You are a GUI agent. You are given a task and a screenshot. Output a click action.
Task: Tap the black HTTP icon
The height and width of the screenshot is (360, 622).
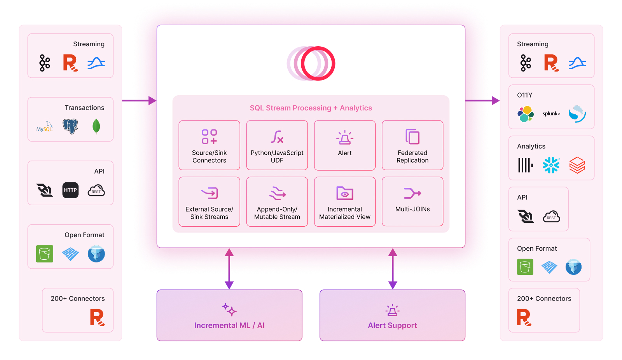(70, 190)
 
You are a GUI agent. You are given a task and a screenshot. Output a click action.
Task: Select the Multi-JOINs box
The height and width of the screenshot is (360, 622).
(412, 201)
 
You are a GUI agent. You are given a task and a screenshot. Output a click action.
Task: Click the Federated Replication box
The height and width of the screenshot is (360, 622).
(412, 145)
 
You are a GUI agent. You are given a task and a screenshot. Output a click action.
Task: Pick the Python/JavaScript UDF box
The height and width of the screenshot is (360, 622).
(277, 145)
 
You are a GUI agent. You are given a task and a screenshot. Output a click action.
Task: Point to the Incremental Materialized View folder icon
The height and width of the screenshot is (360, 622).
(345, 193)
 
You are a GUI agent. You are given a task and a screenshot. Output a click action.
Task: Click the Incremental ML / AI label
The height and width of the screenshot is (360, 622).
(229, 325)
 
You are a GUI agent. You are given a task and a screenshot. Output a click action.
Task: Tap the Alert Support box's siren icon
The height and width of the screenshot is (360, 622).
(392, 310)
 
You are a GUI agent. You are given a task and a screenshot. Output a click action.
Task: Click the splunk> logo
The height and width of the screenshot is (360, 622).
(551, 114)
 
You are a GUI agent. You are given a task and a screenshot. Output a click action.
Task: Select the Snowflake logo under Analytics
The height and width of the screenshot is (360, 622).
(551, 165)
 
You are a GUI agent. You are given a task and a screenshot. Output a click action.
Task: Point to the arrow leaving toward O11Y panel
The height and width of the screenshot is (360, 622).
(482, 101)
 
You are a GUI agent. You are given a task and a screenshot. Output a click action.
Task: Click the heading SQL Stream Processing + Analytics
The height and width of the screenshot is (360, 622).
(311, 108)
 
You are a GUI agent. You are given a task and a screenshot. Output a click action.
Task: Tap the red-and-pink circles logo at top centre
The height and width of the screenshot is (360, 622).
(311, 63)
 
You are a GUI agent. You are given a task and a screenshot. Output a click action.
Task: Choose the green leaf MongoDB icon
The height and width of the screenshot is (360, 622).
(96, 126)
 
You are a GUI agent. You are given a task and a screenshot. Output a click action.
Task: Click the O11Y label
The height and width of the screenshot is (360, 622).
(524, 95)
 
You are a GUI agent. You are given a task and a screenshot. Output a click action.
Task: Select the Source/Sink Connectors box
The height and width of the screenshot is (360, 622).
(209, 145)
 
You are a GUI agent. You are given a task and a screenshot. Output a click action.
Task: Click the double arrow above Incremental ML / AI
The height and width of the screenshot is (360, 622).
(229, 269)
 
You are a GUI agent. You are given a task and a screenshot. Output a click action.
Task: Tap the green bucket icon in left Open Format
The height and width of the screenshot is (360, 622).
(45, 254)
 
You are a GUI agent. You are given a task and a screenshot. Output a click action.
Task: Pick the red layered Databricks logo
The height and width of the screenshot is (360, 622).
(577, 165)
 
